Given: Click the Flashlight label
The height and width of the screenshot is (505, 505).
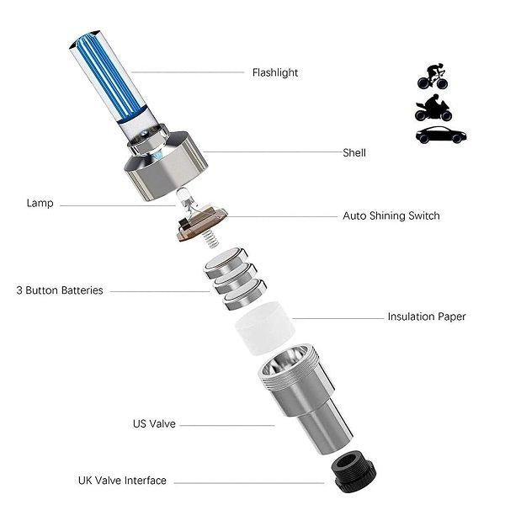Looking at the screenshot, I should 275,72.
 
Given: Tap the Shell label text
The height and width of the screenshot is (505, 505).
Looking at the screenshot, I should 353,153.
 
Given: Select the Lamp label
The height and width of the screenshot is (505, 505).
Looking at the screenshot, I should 40,203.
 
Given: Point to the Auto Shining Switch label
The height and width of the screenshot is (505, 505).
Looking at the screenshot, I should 391,216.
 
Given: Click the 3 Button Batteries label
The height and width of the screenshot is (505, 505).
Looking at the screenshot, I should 60,290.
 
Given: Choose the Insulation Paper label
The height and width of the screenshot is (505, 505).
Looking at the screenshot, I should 426,317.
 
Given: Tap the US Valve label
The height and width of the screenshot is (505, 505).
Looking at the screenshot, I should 154,424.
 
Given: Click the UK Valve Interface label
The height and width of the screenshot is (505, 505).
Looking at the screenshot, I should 122,481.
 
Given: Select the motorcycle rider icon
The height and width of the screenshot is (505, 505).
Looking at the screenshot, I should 432,108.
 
